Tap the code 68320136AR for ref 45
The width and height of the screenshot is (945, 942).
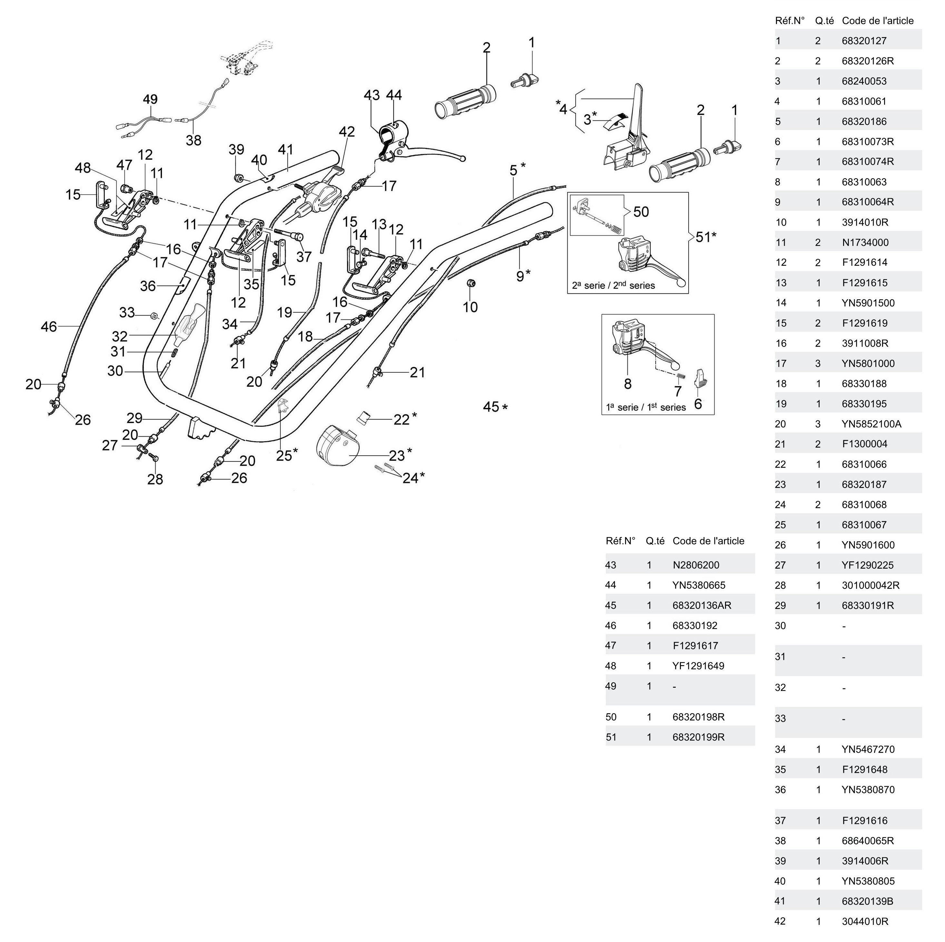(701, 605)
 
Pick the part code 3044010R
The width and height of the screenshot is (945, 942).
(865, 921)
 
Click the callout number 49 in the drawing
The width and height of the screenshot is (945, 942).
(150, 99)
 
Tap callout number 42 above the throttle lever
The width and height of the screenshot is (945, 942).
(347, 132)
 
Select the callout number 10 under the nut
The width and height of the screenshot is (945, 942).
(470, 307)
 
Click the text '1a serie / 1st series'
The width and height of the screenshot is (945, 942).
(646, 407)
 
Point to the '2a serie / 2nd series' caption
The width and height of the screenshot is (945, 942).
(613, 285)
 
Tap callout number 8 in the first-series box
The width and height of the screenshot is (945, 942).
(628, 384)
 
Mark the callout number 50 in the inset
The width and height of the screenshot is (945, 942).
(641, 212)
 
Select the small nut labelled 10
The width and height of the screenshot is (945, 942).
(470, 283)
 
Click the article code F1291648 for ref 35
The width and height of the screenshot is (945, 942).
(864, 769)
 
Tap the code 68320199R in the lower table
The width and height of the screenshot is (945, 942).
(698, 737)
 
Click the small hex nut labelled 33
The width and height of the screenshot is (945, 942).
(153, 316)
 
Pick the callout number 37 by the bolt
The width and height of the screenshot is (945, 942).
(304, 257)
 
